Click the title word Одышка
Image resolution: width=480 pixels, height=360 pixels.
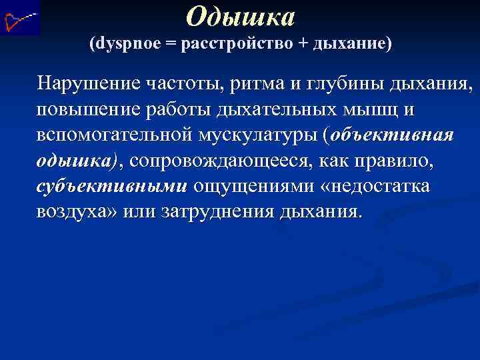click(x=240, y=16)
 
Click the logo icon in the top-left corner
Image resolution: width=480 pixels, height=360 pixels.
click(x=20, y=18)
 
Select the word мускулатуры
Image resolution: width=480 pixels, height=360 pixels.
click(x=254, y=135)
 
